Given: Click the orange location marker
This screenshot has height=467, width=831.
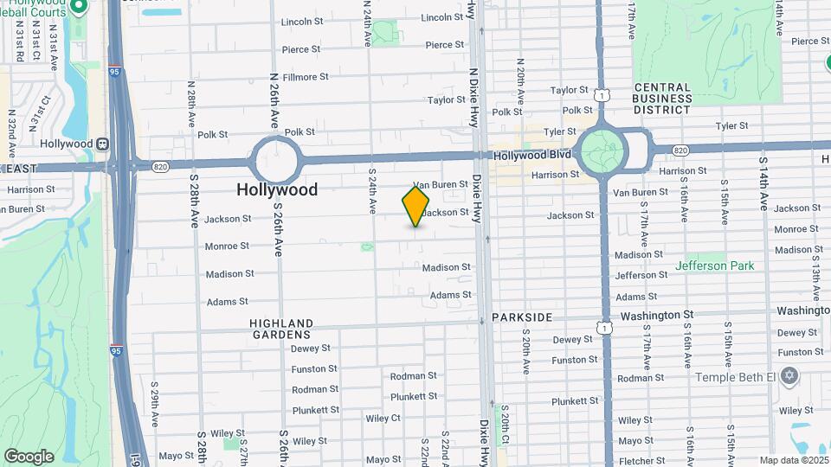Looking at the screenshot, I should point(415,207).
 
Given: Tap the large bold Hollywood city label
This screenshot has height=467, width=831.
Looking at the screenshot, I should point(277,189).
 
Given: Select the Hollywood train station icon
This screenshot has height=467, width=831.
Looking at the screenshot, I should point(103,144).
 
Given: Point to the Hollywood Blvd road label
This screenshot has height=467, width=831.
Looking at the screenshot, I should point(532,156).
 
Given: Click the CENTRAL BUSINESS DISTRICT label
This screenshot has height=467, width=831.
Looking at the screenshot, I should point(674,99).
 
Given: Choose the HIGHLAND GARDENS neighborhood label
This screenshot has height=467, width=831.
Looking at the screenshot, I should point(281,329).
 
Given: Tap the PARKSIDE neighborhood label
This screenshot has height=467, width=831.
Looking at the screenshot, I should point(522,317).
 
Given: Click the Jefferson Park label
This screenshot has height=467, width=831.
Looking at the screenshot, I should point(714,265).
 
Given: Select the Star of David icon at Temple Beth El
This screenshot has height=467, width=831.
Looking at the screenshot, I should point(788,376).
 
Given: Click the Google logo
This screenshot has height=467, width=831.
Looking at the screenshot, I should point(29,456).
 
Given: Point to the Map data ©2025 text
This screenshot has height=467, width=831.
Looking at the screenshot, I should point(794,460).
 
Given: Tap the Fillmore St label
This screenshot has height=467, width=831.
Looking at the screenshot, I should point(306,77).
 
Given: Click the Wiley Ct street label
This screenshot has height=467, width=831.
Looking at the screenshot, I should point(383,418).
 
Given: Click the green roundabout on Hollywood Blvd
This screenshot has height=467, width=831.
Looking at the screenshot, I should point(603,150).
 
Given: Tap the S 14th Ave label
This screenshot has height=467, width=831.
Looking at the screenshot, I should point(763,183).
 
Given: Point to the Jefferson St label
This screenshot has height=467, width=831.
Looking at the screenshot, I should point(635,275).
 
